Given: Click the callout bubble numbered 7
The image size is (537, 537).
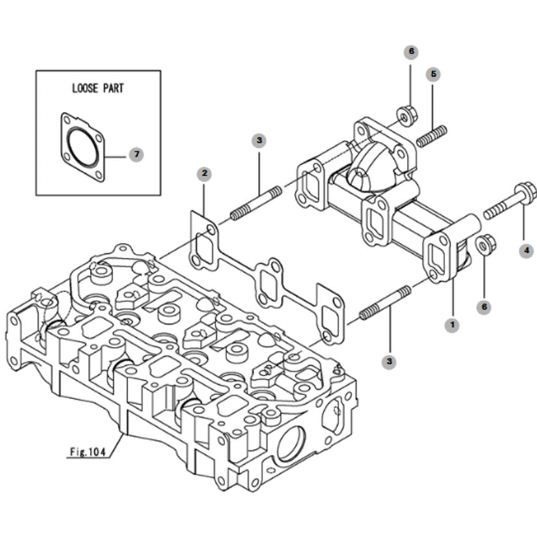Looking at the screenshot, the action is pos(136,154).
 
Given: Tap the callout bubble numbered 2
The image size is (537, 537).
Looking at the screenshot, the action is pos(204,173).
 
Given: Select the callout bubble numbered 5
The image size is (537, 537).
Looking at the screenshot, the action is pos(434,74).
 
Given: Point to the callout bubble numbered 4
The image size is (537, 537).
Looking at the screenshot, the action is pos(527,251).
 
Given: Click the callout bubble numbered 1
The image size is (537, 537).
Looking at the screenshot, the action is pos(452,324).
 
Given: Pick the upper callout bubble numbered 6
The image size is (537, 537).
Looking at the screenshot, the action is pos(411,51).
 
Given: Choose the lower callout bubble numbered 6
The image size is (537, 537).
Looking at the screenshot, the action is pos(484,307).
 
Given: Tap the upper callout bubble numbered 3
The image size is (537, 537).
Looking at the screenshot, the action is pos(259,141).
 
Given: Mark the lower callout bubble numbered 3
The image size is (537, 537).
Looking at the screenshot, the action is pos(389,361).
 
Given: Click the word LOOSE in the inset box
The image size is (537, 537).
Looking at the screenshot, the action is pos(85,89).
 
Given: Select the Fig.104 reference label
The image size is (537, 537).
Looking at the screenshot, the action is pos(88,452).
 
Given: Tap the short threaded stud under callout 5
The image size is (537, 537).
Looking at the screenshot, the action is pos(432,136).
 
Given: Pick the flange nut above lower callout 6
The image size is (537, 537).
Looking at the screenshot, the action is pos(486,244).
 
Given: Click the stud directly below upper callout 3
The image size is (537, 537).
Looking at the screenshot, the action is pos(256,204).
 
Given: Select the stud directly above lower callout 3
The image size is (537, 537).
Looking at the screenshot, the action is pos(385,303).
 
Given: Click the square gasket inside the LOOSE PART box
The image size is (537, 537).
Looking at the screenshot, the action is pos(83,147).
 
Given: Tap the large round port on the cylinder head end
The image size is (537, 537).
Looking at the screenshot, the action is pos(291,443).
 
